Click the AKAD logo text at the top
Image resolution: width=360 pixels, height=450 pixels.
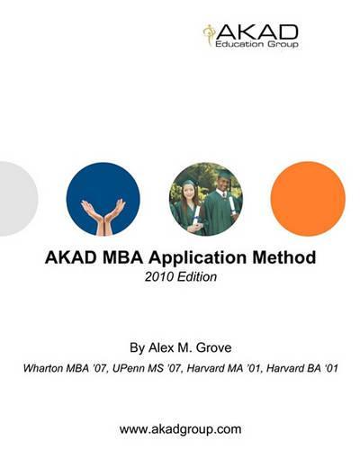point(256,31)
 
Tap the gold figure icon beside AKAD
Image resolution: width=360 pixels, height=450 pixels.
point(208,35)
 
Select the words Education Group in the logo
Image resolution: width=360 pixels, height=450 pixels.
point(256,44)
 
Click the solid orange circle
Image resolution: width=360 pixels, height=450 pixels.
point(308,199)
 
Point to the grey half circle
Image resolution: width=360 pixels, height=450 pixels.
point(18,199)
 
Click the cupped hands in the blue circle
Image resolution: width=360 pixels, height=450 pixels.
point(103,217)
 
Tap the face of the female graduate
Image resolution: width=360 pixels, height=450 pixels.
point(189,193)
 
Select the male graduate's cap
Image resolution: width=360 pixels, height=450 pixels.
point(224,174)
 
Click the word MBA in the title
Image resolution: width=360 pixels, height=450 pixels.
point(122,257)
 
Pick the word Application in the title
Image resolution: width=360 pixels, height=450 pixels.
point(198,258)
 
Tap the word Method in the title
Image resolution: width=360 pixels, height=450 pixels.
point(284,257)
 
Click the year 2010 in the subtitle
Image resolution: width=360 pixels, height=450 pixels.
point(159,276)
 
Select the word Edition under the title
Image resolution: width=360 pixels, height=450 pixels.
point(197,276)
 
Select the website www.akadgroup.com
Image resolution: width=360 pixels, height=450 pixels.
point(180,429)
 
